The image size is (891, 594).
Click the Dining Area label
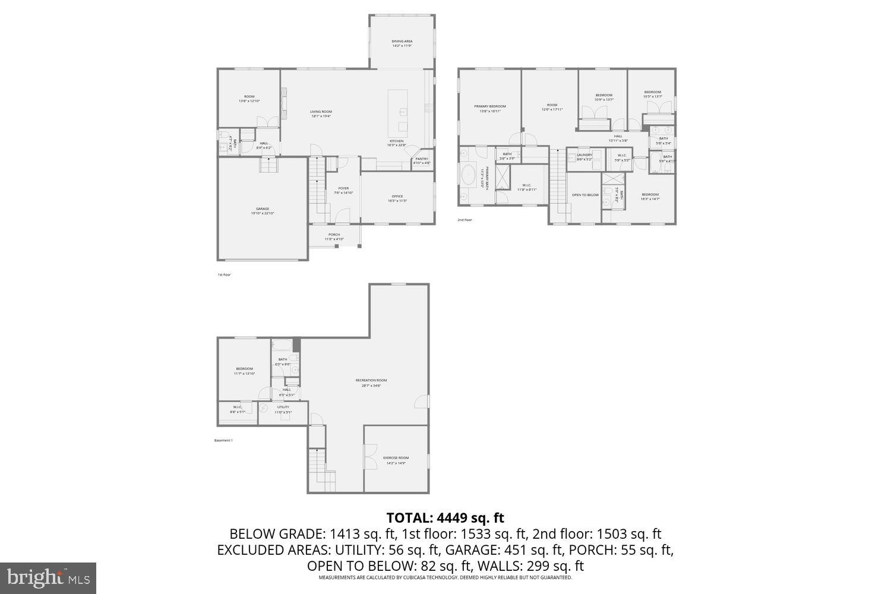[402, 42]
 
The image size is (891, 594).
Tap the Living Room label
[321, 112]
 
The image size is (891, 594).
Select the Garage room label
[263, 209]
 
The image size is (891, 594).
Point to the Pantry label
[422, 159]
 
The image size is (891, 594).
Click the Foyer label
[343, 188]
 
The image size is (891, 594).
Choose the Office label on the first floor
[397, 197]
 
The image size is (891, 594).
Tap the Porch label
[334, 235]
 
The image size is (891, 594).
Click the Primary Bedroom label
[489, 106]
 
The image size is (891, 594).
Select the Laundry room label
[584, 155]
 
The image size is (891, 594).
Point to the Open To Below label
[585, 195]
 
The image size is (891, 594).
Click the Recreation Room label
[371, 381]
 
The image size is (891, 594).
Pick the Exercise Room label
[396, 458]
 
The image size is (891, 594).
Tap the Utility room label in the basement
[283, 407]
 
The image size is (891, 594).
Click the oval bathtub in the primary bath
[467, 178]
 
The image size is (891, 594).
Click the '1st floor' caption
[224, 274]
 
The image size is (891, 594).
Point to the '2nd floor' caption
[465, 220]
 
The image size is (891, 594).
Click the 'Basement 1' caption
[223, 440]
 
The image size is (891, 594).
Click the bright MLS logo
[48, 578]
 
